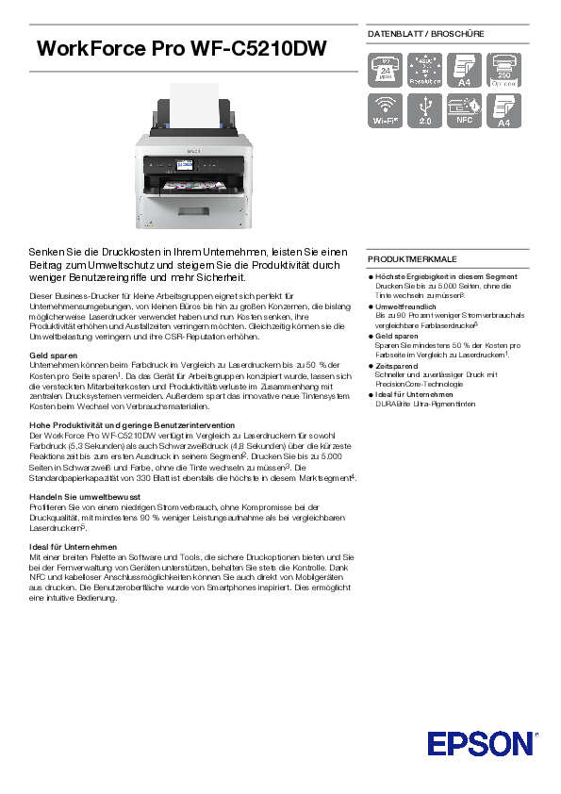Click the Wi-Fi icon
[x=385, y=109]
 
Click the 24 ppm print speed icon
[x=385, y=70]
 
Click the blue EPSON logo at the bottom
[x=480, y=744]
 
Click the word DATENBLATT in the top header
[x=394, y=34]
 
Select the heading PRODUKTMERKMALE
[x=412, y=257]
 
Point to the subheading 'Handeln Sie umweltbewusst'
[x=85, y=496]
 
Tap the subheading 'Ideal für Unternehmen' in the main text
[x=74, y=546]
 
